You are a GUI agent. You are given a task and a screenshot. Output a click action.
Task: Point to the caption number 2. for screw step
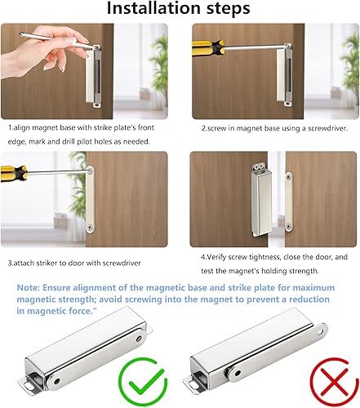205,128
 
